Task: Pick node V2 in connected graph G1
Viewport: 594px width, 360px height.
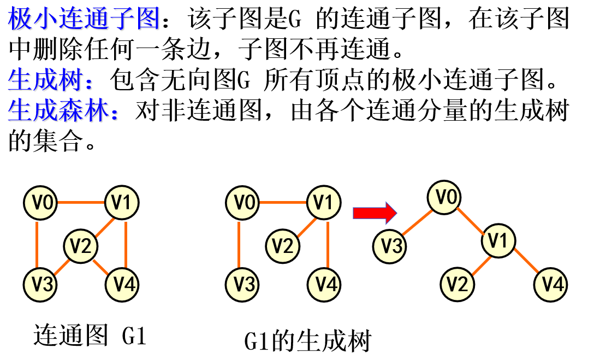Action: click(81, 246)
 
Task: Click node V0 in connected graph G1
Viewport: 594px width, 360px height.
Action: click(40, 203)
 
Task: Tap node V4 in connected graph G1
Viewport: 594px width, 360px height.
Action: click(122, 284)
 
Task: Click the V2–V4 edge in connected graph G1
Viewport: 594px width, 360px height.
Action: click(102, 265)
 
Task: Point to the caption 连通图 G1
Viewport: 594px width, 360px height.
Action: click(90, 335)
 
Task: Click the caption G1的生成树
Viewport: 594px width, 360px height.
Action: click(307, 341)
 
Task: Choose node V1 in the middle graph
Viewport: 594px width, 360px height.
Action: click(324, 203)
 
